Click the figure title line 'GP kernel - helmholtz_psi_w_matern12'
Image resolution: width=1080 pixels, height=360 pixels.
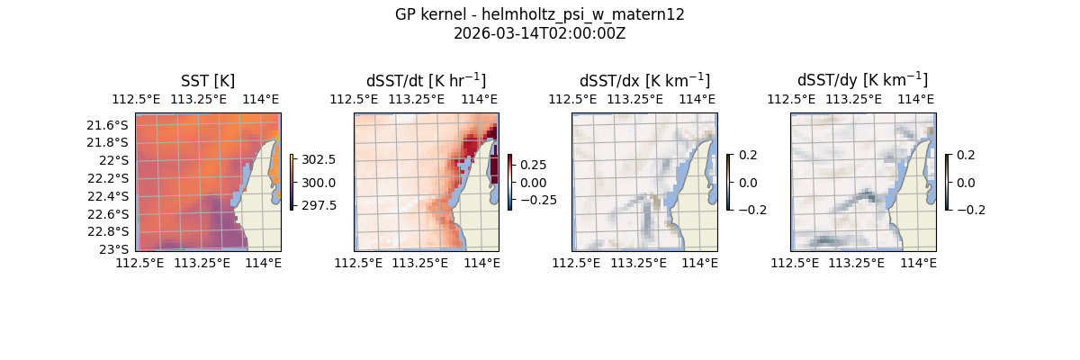pos(539,14)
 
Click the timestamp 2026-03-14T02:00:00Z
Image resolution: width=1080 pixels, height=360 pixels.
pos(539,33)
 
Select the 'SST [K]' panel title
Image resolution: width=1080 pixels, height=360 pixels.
pos(208,81)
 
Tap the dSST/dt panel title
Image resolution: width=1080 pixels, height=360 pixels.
pos(426,81)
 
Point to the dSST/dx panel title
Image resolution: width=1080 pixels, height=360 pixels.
pos(644,81)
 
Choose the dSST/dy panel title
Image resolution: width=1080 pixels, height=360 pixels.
pos(862,81)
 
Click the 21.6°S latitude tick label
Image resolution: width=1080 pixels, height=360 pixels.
pos(107,124)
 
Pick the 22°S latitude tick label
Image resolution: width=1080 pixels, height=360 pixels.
pos(113,160)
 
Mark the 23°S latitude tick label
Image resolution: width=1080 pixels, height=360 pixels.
pos(113,249)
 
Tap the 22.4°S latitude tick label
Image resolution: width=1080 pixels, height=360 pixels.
pos(107,196)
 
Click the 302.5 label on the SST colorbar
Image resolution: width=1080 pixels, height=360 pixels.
pos(319,159)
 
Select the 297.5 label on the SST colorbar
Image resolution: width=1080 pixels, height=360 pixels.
pos(319,205)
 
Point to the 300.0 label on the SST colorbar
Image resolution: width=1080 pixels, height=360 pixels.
pos(319,183)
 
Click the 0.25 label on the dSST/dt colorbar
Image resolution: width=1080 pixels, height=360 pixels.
pos(532,166)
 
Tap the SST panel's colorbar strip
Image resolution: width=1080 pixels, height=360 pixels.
pos(292,182)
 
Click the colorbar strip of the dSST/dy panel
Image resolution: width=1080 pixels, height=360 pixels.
pos(948,182)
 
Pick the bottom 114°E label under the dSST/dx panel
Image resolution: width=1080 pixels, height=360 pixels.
pos(699,263)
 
